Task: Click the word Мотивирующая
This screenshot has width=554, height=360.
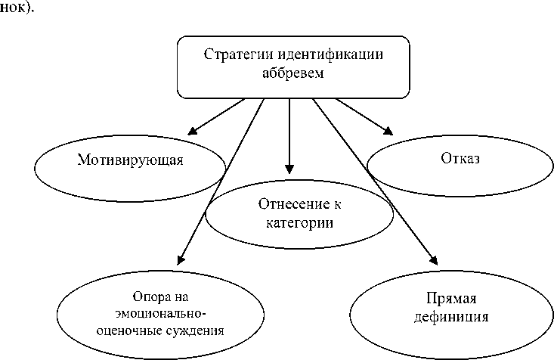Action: click(x=131, y=160)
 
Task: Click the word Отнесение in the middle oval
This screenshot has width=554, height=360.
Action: click(x=286, y=204)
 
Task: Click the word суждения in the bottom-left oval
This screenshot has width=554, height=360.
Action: click(x=197, y=330)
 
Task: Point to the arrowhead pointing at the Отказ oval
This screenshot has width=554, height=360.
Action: click(x=388, y=131)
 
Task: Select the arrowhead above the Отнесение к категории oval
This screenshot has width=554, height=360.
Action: click(x=288, y=169)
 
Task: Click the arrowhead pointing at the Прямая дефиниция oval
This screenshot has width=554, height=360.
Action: click(x=432, y=257)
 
